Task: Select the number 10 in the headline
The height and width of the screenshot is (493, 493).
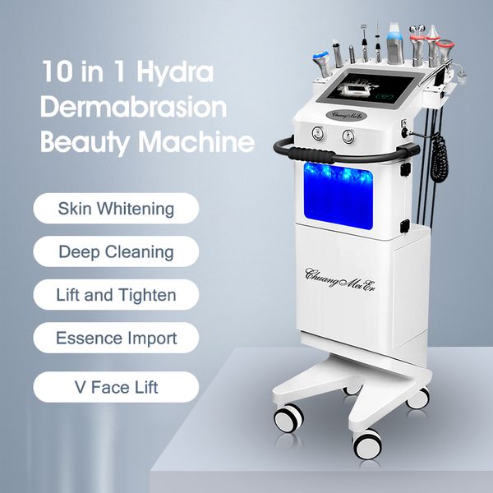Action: [56, 71]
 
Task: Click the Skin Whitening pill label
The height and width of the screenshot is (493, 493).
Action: [116, 208]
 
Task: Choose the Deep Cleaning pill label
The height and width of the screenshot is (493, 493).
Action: [116, 251]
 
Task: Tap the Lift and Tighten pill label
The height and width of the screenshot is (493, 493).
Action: [116, 294]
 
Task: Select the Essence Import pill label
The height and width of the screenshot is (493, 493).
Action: [116, 338]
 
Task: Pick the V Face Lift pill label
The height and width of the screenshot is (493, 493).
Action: [116, 386]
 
